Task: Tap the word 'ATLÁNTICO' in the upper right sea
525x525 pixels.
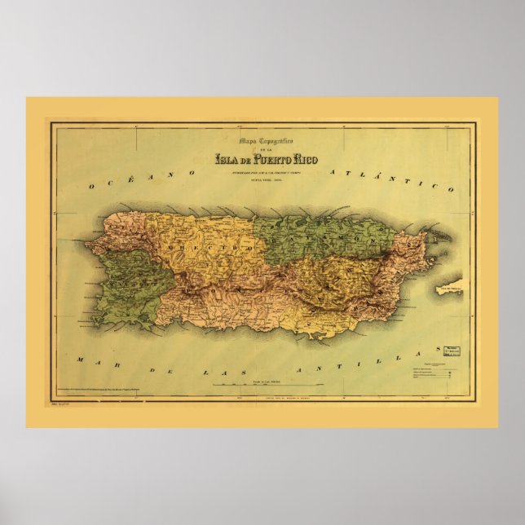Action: click(x=390, y=179)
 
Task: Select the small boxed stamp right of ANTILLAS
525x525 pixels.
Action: click(x=448, y=351)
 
